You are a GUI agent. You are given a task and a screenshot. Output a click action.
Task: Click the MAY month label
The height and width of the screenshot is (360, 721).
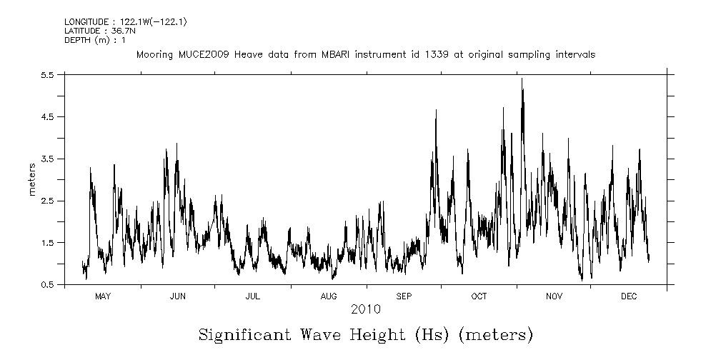pos(103,296)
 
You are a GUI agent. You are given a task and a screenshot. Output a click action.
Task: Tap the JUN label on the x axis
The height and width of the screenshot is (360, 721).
pos(178,296)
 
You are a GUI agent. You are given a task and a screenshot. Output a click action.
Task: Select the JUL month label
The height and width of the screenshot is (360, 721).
pos(253,296)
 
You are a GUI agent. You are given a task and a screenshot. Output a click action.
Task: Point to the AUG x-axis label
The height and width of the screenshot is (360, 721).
pos(329,296)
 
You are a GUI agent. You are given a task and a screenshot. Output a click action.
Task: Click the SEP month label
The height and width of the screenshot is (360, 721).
pos(404,296)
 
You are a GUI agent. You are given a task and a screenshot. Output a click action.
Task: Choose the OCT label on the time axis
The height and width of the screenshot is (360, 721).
pos(479,296)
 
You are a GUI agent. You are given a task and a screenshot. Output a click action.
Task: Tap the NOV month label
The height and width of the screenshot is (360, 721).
pos(554,296)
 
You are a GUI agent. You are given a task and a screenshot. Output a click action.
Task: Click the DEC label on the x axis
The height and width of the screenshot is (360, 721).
pos(629,296)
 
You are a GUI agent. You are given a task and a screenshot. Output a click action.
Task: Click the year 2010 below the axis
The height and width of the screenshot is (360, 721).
pos(365,310)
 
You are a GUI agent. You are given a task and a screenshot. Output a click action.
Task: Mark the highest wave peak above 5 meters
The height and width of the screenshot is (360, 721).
pos(522,79)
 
